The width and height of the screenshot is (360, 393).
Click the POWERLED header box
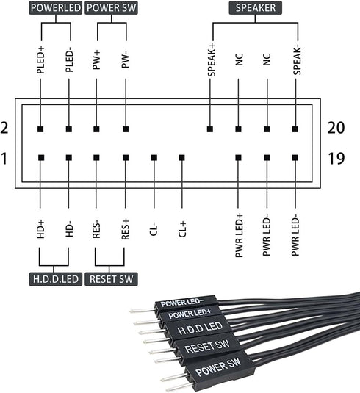55,9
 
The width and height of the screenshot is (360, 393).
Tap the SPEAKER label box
253,9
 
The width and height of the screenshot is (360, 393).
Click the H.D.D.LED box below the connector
55,279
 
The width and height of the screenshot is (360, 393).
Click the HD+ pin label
40,231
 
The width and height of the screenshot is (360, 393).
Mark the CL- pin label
154,230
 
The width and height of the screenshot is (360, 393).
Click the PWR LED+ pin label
239,236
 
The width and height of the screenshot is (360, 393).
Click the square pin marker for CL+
181,158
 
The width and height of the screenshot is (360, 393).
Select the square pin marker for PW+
97,129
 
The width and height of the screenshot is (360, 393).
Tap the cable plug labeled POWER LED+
190,314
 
